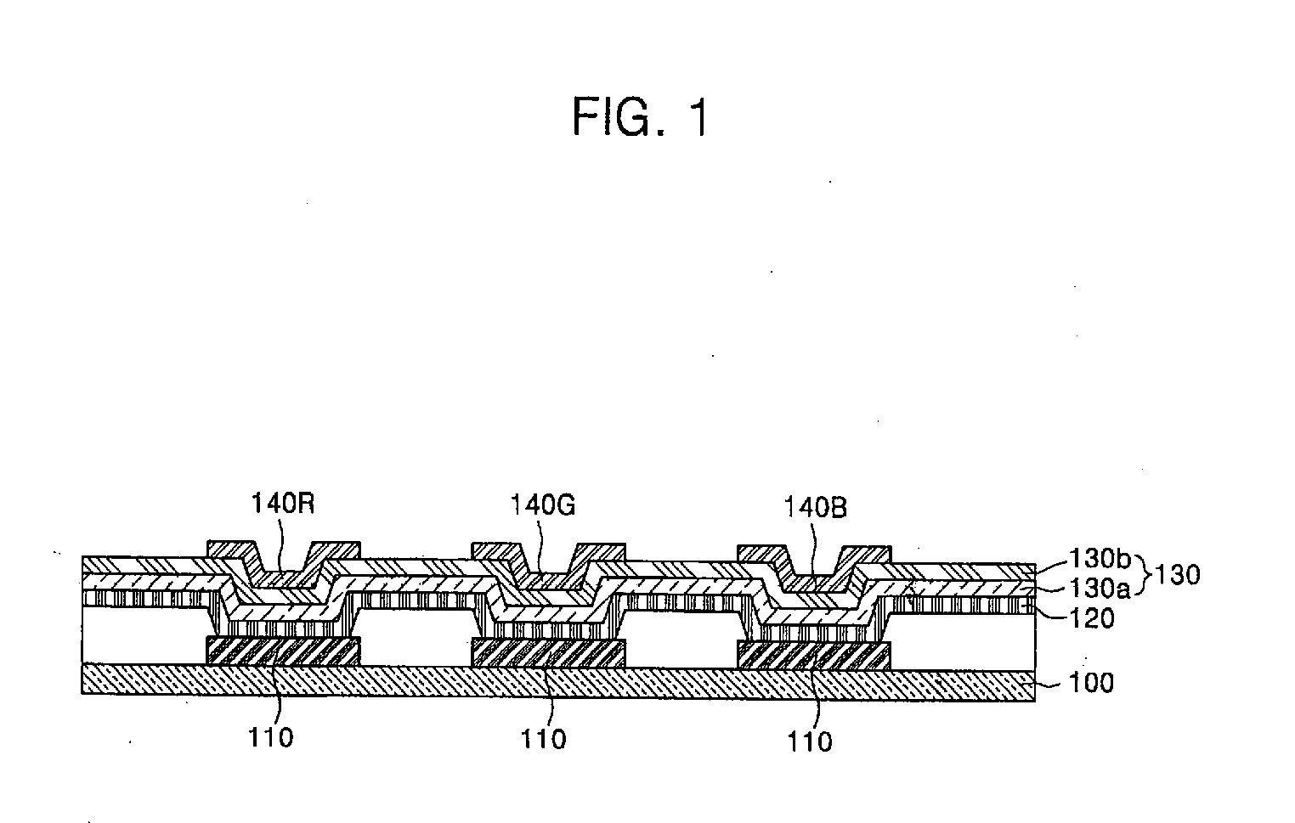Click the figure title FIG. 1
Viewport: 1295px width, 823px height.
click(640, 116)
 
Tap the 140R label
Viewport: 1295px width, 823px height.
click(283, 505)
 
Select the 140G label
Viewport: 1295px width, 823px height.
click(543, 505)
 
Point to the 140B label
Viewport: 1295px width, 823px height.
click(814, 508)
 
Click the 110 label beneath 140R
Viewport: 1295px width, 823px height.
click(270, 737)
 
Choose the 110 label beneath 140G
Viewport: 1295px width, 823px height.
click(544, 739)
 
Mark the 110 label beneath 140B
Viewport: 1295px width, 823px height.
click(811, 741)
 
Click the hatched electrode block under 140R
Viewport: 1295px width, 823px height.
click(284, 651)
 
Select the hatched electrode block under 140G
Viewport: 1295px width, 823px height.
click(548, 653)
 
